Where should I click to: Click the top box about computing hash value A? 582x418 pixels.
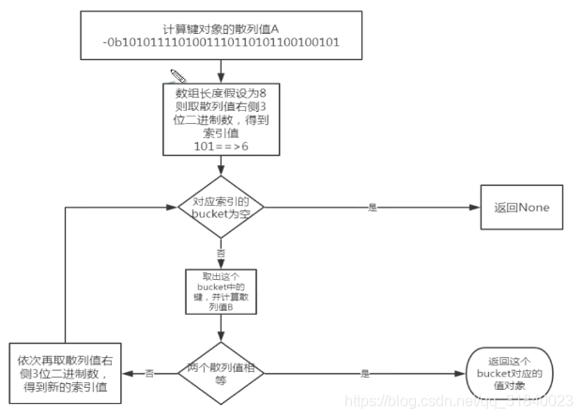(x=221, y=36)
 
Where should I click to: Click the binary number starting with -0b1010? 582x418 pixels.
(x=221, y=43)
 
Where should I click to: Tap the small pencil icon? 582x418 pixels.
(x=176, y=74)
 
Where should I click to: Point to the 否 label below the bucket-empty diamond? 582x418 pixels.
(x=222, y=254)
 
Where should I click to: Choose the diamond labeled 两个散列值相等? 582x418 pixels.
(x=221, y=373)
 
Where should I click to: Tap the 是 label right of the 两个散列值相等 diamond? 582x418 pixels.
(x=364, y=373)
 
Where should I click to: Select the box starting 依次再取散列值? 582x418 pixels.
(x=66, y=373)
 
